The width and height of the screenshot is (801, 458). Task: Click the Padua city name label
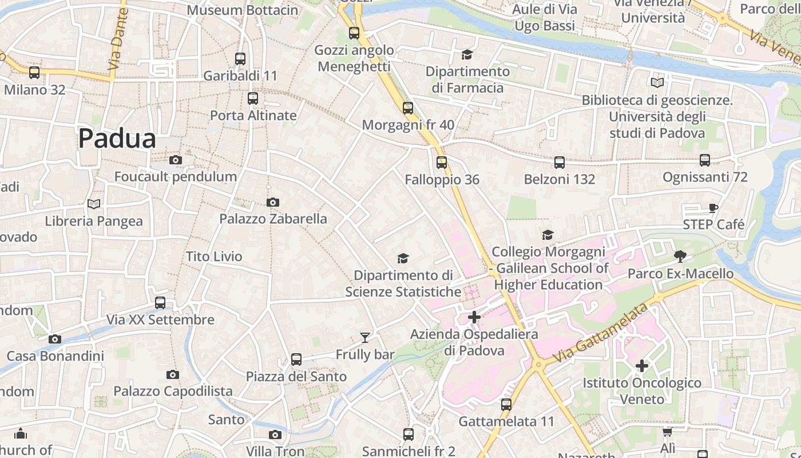click(x=117, y=139)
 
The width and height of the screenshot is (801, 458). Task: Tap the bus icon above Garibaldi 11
click(x=240, y=58)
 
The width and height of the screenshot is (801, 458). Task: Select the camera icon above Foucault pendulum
click(x=176, y=160)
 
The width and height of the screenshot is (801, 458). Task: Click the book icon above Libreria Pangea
click(x=94, y=204)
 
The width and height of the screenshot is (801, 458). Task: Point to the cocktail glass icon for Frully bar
click(x=364, y=337)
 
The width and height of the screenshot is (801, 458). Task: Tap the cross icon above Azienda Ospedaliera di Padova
click(x=474, y=317)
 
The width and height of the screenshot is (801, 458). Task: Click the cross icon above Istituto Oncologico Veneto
click(x=642, y=365)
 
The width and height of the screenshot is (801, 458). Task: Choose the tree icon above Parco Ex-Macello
click(x=680, y=256)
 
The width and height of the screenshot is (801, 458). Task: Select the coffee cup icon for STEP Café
click(x=713, y=208)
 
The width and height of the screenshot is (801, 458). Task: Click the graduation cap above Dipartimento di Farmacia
click(x=467, y=54)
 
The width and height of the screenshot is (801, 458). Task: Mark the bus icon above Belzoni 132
click(x=560, y=163)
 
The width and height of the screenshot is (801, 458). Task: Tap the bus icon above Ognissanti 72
click(x=705, y=160)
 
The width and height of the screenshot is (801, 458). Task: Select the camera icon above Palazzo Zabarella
click(x=273, y=202)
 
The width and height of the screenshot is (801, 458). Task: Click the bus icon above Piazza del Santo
click(x=296, y=360)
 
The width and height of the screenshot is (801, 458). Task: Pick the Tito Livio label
click(x=214, y=256)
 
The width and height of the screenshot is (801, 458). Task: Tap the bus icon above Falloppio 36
click(x=442, y=163)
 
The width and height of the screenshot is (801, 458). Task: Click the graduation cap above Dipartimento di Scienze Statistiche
click(x=403, y=259)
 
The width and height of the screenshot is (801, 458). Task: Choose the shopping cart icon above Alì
click(x=667, y=432)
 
